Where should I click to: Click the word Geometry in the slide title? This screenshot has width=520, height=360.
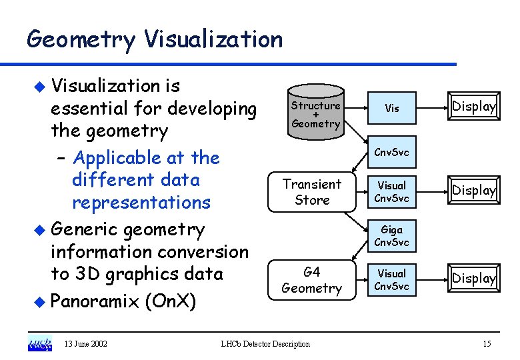point(80,40)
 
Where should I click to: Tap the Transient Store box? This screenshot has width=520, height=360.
point(312,192)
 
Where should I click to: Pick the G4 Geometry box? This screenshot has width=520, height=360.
point(311,280)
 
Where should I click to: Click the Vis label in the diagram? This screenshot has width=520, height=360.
point(392,108)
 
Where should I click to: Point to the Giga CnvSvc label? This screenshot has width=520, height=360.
point(392,236)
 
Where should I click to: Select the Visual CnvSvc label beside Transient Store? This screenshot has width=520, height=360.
point(392,191)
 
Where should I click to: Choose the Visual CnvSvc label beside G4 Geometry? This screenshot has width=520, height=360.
point(392,279)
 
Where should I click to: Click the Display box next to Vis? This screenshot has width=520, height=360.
point(473,107)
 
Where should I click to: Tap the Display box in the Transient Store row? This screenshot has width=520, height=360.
point(473,191)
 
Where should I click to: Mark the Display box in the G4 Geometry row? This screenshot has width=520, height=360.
point(473,279)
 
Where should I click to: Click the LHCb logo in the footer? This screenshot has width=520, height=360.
point(40,344)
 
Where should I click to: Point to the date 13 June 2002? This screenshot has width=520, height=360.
point(86,344)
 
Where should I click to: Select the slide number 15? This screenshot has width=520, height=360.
point(487,344)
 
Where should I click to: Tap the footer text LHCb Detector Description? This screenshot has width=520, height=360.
point(265,344)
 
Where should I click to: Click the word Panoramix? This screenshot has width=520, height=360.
point(93,301)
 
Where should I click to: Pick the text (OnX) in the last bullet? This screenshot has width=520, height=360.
point(169,301)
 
